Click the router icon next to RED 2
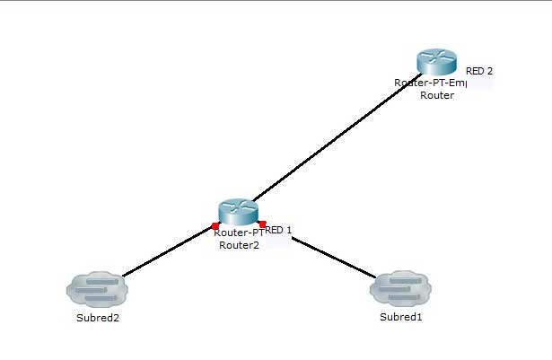(x=438, y=63)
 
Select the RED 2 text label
(x=478, y=70)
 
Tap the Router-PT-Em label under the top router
(x=429, y=83)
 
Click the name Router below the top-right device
(x=437, y=94)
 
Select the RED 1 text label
(x=279, y=230)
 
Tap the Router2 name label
(x=239, y=244)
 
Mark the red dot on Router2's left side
(x=215, y=225)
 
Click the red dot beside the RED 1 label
(x=262, y=224)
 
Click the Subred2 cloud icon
(x=97, y=288)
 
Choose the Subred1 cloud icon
(x=400, y=288)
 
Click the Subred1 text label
(x=399, y=316)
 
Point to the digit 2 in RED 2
(x=489, y=70)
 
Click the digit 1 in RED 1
(x=289, y=230)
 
